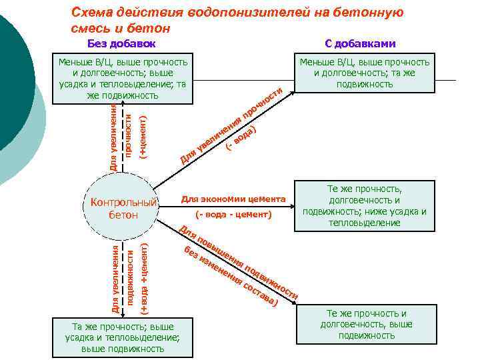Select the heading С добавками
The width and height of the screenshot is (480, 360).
(x=360, y=44)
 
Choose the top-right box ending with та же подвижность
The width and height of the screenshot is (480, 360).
(x=365, y=73)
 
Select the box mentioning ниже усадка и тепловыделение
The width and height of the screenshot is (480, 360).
(x=364, y=206)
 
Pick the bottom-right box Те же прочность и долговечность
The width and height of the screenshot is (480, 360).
(x=365, y=324)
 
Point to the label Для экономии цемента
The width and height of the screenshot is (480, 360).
(x=233, y=199)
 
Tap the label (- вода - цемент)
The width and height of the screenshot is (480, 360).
(x=234, y=215)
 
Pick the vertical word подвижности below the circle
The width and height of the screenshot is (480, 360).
(x=130, y=277)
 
